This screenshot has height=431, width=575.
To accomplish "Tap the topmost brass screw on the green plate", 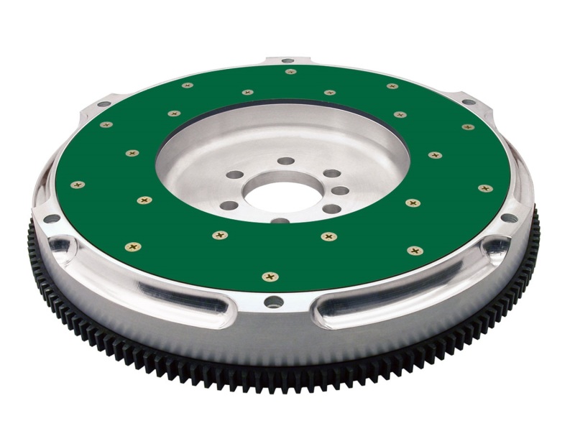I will [290, 71].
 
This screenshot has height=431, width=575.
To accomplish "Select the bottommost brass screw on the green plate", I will [270, 276].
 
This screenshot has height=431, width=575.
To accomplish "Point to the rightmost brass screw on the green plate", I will [486, 188].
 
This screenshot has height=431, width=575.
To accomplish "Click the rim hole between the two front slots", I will [273, 302].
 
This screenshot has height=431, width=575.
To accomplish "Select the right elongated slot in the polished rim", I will [374, 300].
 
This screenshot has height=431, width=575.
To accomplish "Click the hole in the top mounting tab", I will [287, 60].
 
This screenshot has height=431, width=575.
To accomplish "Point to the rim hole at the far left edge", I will [51, 218].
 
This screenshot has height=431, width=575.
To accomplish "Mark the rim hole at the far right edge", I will [509, 218].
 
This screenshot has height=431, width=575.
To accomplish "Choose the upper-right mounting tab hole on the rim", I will [469, 102].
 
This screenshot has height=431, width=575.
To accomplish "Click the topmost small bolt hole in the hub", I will [286, 161].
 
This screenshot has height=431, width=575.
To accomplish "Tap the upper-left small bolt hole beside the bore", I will [234, 175].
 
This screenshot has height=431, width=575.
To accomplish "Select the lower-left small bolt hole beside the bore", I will [229, 205].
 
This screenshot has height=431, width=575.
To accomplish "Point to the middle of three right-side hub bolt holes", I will [341, 191].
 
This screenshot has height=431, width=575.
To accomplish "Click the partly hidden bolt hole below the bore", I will [280, 221].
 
